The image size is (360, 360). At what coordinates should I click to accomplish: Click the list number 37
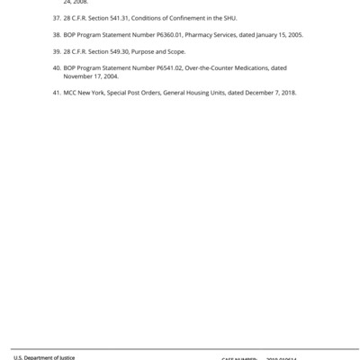[55, 17]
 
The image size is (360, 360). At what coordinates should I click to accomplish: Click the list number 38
[55, 34]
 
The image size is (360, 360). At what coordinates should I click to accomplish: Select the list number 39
[55, 51]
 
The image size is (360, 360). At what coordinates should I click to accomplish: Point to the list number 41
[55, 93]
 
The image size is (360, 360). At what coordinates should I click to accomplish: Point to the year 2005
[294, 34]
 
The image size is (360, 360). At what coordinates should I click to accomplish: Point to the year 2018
[287, 93]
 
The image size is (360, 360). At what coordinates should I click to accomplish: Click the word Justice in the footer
[65, 357]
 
